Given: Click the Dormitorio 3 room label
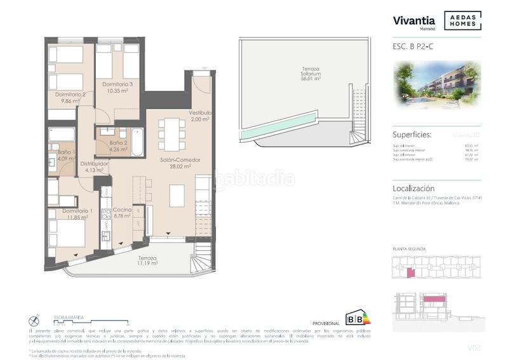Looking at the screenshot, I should click(117, 84).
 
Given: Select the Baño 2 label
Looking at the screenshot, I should click(119, 143).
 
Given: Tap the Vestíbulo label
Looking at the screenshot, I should click(200, 113).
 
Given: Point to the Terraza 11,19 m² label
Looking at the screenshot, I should click(148, 258).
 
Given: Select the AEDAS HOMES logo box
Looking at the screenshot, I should click(462, 20).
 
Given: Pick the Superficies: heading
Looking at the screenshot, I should click(412, 135).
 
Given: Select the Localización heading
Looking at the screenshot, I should click(414, 189).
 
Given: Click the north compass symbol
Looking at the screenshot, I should click(34, 321).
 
